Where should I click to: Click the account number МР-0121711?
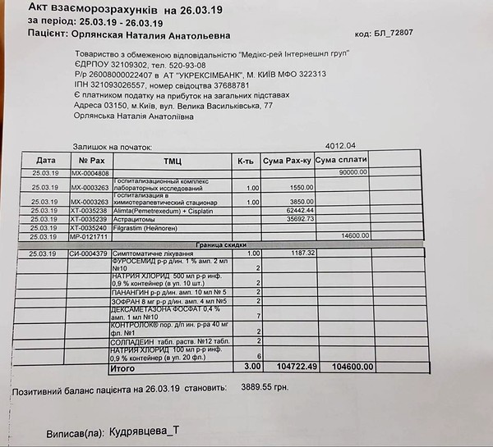click(88, 236)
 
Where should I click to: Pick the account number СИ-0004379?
click(88, 254)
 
